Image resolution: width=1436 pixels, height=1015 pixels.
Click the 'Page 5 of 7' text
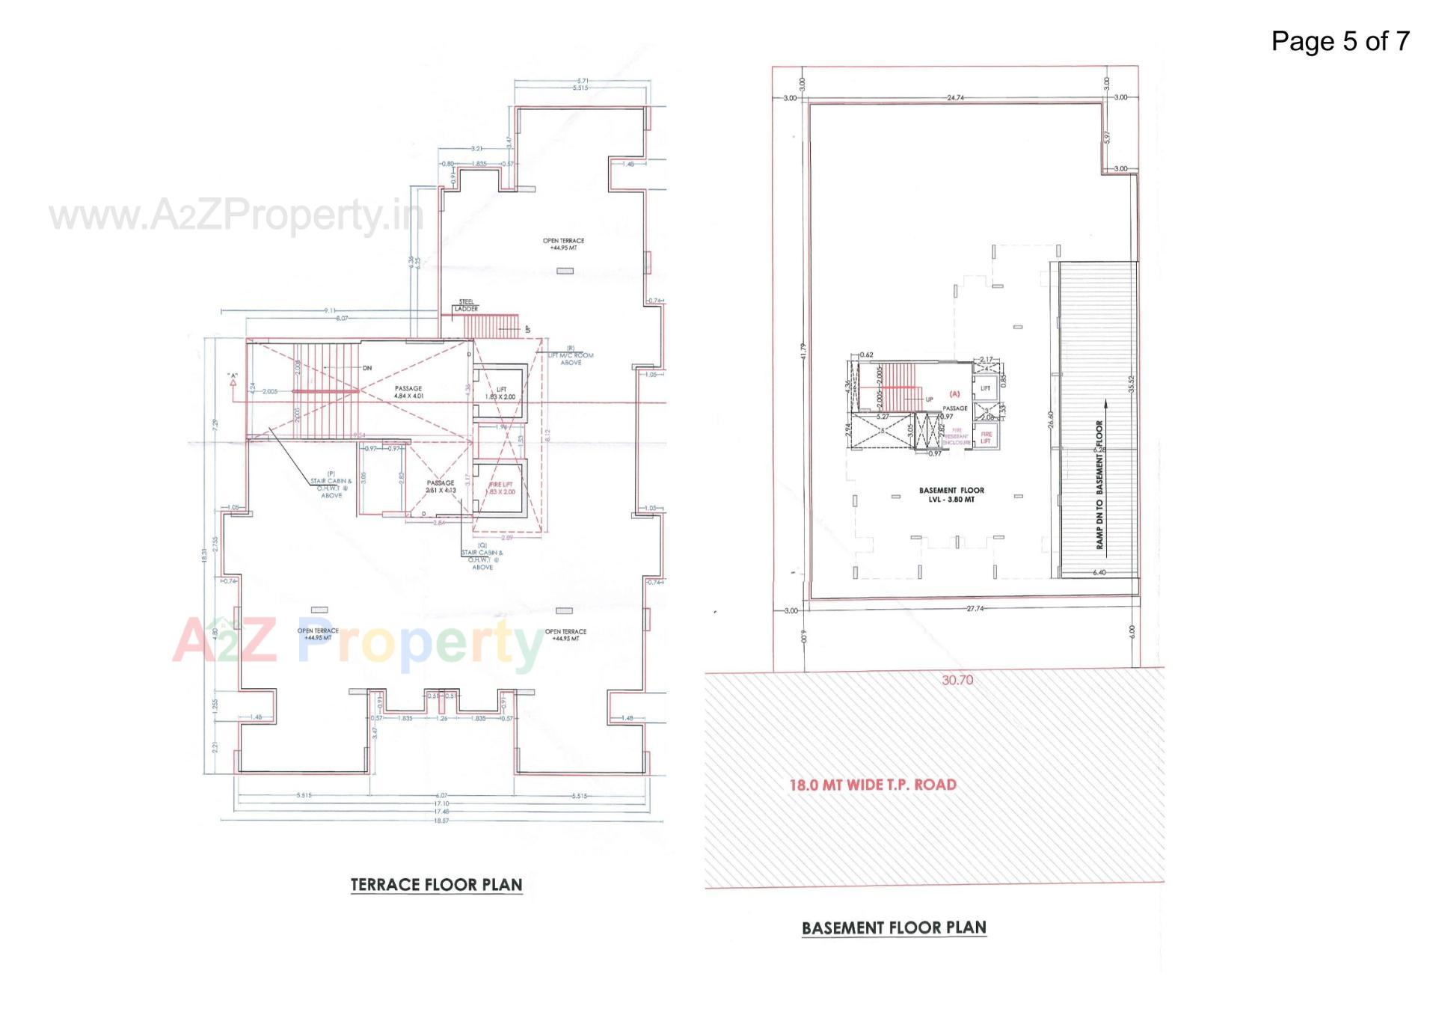coord(1340,41)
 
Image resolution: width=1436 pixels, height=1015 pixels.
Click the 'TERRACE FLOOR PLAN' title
coord(436,884)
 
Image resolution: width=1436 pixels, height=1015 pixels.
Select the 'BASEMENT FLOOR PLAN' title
coord(894,927)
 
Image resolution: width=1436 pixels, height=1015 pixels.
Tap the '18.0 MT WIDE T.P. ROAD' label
coord(873,785)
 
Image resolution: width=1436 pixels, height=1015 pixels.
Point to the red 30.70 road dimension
coord(957,680)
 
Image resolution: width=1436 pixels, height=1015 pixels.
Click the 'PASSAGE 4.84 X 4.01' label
coord(408,392)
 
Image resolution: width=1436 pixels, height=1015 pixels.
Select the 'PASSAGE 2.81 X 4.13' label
coord(440,487)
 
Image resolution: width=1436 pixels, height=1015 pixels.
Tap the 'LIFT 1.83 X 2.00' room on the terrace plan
coord(500,393)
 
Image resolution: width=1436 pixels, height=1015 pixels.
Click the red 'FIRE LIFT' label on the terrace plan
coord(501,488)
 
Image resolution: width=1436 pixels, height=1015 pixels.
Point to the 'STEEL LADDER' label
coord(466,305)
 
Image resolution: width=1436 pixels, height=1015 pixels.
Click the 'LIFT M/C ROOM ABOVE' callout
coord(571,355)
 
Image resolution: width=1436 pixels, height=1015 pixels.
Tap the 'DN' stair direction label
coord(367,368)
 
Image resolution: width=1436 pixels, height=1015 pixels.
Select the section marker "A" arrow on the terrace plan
coord(233,380)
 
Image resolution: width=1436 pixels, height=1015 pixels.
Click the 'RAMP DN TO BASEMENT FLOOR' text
coord(1099,485)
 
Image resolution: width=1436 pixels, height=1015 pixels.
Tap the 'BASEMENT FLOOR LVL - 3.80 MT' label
coord(951,494)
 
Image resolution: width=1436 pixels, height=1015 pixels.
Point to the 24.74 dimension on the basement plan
coord(955,98)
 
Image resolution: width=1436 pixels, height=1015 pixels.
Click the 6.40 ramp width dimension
coord(1099,572)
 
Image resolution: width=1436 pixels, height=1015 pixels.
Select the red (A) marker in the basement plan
coord(954,393)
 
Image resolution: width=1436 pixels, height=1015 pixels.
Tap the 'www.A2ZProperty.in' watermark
coord(236,216)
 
